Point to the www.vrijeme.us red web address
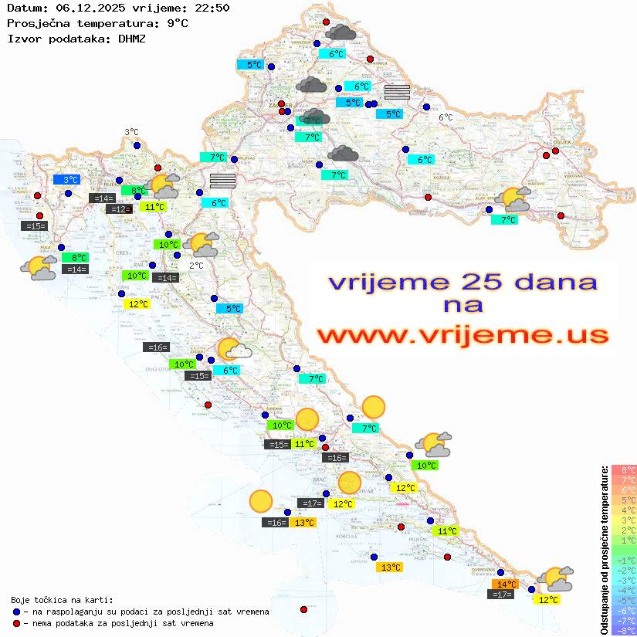coord(463,335)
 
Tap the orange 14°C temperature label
coord(507,584)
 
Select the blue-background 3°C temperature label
coord(66,179)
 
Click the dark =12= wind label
coord(119,209)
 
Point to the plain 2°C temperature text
coord(197,266)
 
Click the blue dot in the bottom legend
coord(17,612)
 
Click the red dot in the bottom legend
coord(17,623)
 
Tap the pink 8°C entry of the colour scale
coord(623,470)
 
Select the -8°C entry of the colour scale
coord(623,631)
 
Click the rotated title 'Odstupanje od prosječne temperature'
coord(604,550)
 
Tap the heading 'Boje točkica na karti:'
coord(62,599)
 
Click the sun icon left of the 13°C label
coord(261,502)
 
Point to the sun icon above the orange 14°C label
coord(555,578)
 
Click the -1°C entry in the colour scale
coord(623,561)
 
